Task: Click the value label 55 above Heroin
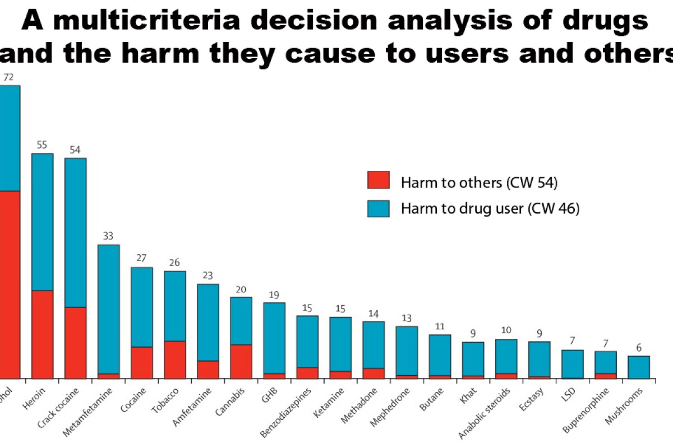(x=42, y=144)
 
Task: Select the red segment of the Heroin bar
(x=42, y=334)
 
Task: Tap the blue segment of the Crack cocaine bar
(x=75, y=232)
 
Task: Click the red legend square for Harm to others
(x=378, y=180)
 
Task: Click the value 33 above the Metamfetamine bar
(x=108, y=236)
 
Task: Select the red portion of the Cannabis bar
(x=241, y=361)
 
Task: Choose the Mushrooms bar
(x=638, y=367)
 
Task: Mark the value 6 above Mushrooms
(x=638, y=347)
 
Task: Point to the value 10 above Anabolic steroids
(x=506, y=330)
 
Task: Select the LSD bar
(x=572, y=364)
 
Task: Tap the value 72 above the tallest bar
(x=8, y=77)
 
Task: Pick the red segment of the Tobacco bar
(x=174, y=360)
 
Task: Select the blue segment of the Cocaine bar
(x=141, y=307)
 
